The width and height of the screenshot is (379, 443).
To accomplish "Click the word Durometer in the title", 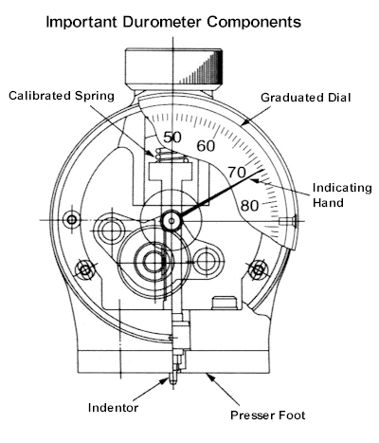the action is (x=163, y=22).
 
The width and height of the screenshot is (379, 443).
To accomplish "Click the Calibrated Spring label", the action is (x=62, y=96).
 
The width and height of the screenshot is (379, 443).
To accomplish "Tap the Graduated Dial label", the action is (x=306, y=98).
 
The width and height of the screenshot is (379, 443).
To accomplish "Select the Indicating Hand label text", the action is (x=342, y=195).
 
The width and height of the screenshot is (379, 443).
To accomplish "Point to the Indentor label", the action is (x=113, y=408).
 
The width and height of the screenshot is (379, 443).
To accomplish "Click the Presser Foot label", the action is (x=268, y=415).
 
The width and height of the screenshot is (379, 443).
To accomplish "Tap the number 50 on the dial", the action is (x=172, y=138).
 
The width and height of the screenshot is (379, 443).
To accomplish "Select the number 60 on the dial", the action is (x=206, y=146).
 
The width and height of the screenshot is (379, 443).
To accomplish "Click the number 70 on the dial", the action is (x=237, y=173).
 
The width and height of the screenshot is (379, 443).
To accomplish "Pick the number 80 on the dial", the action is (x=249, y=206).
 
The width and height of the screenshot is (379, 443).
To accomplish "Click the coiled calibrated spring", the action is (x=172, y=156).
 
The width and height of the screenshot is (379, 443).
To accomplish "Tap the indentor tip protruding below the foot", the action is (x=172, y=378).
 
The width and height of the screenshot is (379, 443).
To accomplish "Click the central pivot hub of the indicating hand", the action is (x=171, y=221).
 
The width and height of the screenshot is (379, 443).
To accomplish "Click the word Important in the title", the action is (x=82, y=22).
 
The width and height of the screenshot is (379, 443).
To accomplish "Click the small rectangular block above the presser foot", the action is (x=225, y=303).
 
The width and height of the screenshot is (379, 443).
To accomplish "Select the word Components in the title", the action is (x=254, y=22).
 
